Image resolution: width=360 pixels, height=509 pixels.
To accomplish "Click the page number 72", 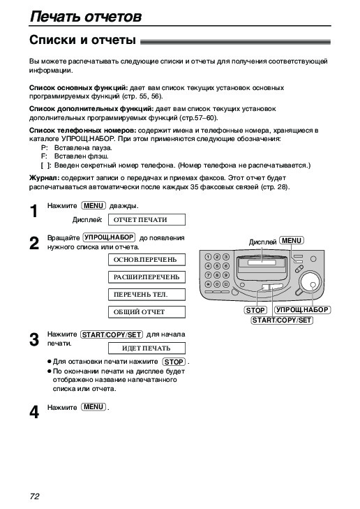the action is click(x=34, y=496).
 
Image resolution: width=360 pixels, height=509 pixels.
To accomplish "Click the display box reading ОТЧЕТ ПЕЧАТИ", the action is click(x=147, y=219).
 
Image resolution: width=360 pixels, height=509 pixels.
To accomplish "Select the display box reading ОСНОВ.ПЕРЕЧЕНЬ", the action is click(x=147, y=260).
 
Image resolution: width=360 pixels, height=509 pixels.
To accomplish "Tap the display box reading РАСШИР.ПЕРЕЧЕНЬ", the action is click(x=147, y=277).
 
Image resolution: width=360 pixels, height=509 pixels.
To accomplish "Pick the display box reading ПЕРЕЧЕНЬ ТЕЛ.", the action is click(x=147, y=295).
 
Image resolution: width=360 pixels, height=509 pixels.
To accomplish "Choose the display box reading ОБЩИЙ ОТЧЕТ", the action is click(x=147, y=312).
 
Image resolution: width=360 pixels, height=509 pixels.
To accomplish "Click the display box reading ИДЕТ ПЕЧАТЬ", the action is click(x=147, y=348).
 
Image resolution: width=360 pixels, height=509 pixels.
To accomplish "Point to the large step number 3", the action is click(x=34, y=340).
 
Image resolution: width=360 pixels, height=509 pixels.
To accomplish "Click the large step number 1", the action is click(x=34, y=212).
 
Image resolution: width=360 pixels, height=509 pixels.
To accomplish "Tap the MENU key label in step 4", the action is click(x=93, y=407).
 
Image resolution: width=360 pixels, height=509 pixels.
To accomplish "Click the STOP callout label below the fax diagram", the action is click(x=255, y=310).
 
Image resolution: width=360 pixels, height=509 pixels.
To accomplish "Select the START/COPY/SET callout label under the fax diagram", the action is click(x=282, y=320).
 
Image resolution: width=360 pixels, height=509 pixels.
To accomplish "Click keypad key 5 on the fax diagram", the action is click(x=217, y=266).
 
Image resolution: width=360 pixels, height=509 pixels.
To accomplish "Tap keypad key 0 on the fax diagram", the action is click(x=217, y=284).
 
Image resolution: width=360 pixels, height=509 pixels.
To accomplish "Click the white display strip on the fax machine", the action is click(x=262, y=263).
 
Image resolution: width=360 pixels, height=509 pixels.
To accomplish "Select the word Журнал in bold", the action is click(x=44, y=178).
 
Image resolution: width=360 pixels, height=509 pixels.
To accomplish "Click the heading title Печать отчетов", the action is click(x=86, y=16).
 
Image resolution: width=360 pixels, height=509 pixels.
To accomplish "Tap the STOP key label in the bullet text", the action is click(x=174, y=362).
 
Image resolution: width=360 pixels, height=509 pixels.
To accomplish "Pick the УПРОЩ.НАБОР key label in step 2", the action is click(x=110, y=237).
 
